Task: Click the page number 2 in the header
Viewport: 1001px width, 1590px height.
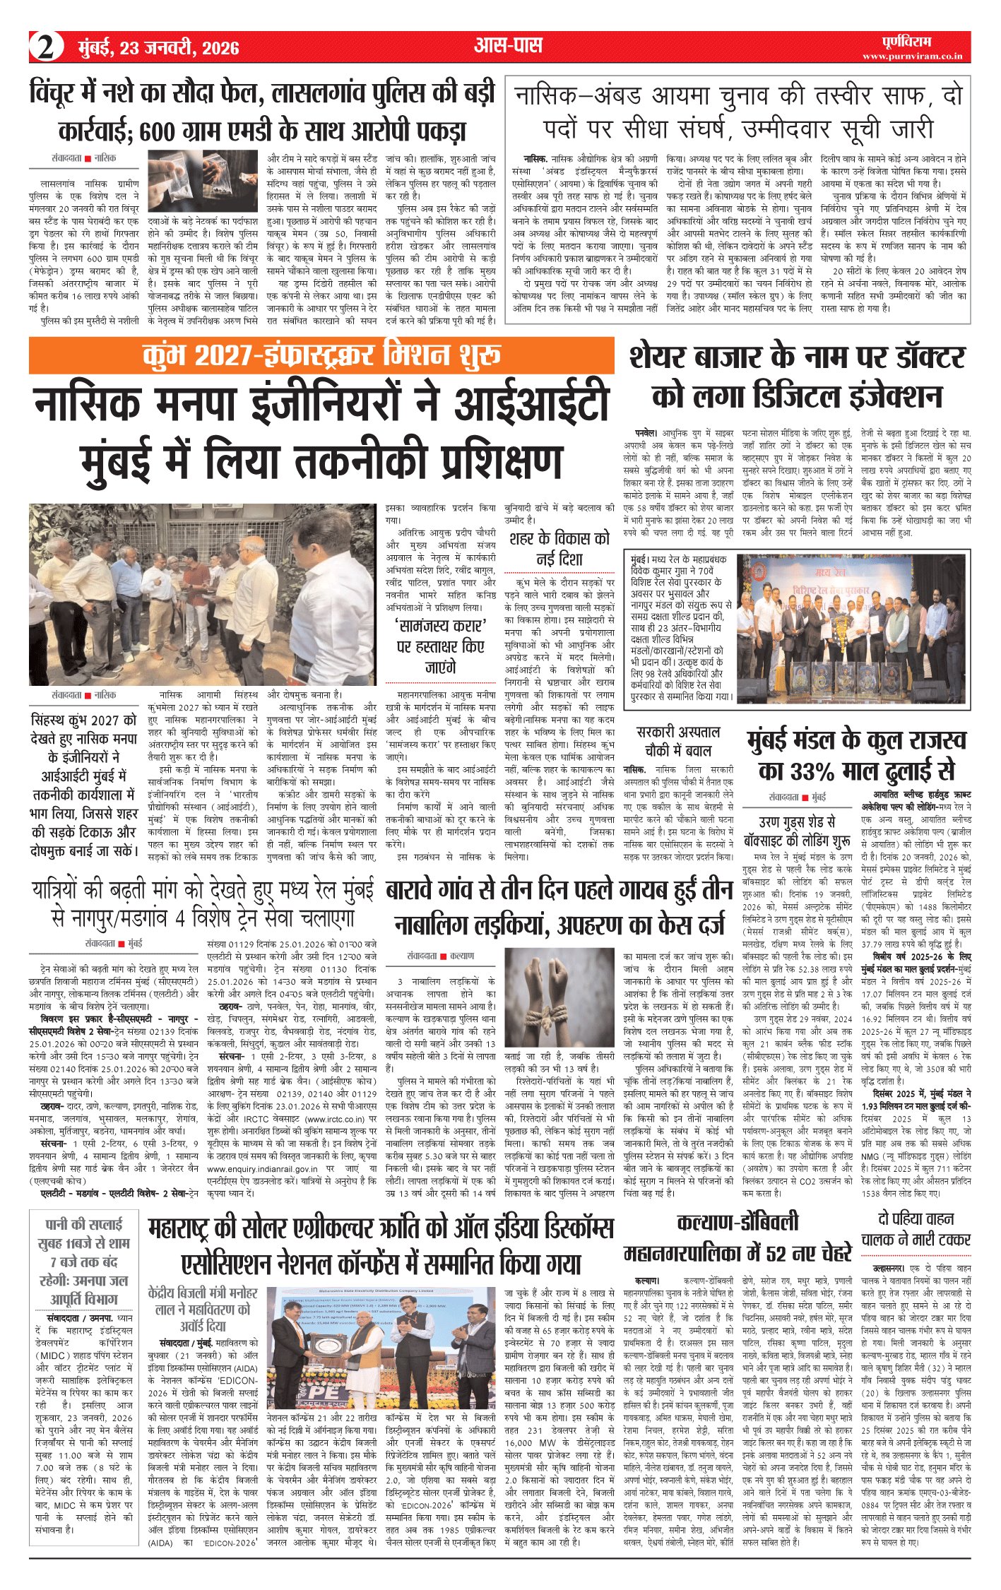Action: (46, 47)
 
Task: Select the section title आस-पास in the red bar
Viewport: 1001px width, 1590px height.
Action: (508, 47)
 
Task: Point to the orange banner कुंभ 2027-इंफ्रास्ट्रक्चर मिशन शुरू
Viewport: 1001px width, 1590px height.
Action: (321, 356)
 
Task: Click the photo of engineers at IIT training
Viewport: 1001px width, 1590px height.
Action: (203, 595)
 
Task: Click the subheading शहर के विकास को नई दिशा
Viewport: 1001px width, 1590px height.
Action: (559, 548)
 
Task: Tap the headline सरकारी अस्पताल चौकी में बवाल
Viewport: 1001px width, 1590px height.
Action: (678, 741)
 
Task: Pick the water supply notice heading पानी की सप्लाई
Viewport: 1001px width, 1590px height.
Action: (84, 1225)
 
